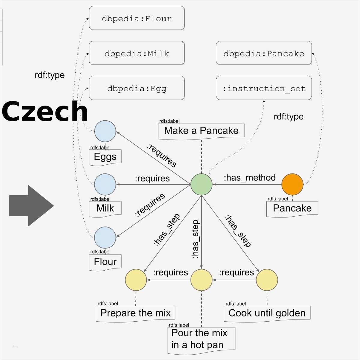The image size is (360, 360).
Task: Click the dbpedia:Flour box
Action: (137, 19)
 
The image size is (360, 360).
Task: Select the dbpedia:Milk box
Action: (137, 53)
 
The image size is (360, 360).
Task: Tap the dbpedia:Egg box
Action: (137, 88)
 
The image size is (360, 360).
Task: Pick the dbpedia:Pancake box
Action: (264, 53)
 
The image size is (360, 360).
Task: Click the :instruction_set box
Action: (264, 88)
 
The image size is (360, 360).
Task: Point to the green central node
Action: (202, 184)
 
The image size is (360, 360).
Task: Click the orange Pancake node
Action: (292, 184)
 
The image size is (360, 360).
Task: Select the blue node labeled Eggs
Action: (105, 131)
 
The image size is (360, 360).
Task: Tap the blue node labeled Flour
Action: (105, 237)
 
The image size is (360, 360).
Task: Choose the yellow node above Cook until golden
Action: (267, 280)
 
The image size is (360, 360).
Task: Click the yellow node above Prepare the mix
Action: (136, 280)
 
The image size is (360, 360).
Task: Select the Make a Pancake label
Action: (201, 131)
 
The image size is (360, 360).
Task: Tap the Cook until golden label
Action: (267, 313)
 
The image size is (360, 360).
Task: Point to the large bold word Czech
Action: (45, 111)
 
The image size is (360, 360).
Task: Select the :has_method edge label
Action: (250, 178)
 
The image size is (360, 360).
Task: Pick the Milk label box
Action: (105, 208)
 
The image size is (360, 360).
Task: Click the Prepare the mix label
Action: (135, 313)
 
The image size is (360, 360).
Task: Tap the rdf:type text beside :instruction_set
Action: (288, 116)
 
